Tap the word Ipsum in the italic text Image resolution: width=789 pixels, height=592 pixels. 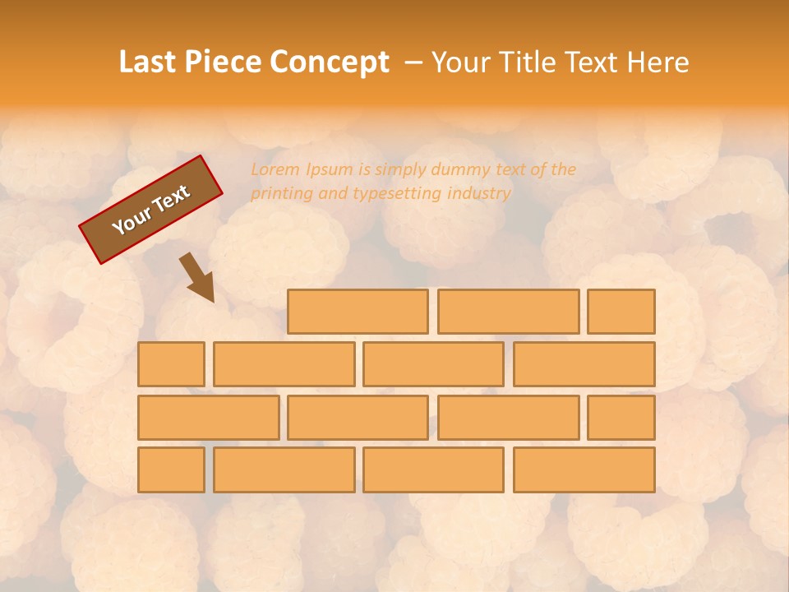(x=330, y=169)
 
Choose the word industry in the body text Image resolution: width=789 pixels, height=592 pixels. (x=479, y=194)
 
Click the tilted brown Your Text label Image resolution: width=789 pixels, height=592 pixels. (x=151, y=210)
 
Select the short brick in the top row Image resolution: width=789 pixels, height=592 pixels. (x=621, y=312)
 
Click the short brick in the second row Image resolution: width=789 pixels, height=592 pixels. (x=171, y=364)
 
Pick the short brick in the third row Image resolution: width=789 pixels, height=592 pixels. (x=621, y=418)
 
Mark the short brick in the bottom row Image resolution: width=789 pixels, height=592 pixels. (x=171, y=470)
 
